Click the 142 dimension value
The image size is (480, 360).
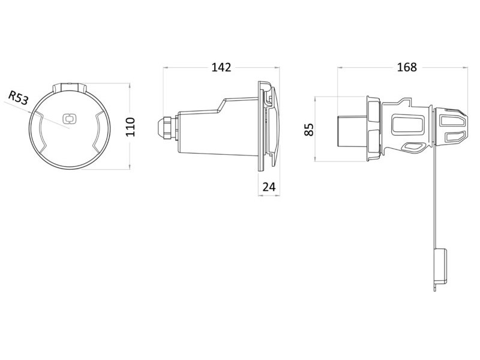[221, 67]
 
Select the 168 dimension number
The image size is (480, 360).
[406, 67]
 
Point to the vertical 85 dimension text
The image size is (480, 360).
[310, 130]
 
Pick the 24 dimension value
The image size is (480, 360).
[269, 187]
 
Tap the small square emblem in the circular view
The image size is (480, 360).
[69, 119]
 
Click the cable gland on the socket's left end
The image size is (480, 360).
[163, 127]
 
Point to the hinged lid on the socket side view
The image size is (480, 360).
[271, 127]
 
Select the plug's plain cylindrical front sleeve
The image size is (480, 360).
[350, 130]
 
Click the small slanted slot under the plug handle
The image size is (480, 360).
[413, 146]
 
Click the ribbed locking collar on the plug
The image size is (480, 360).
[373, 130]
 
